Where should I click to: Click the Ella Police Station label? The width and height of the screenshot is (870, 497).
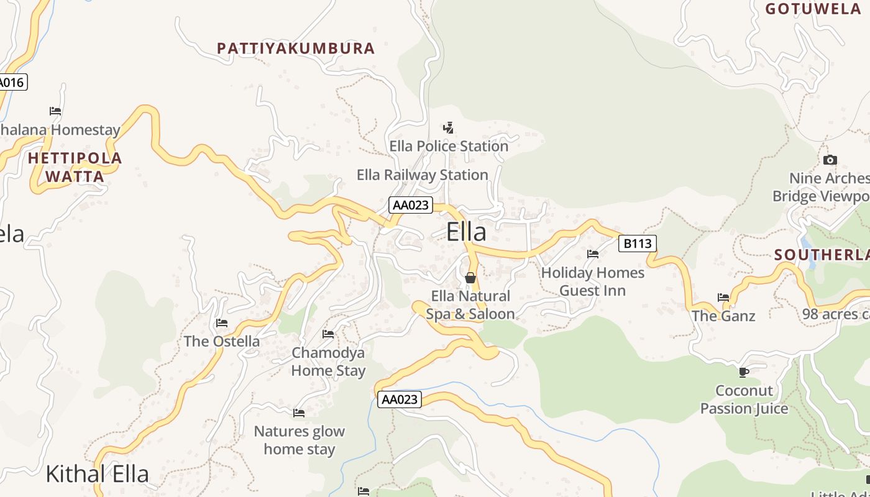[x=449, y=147]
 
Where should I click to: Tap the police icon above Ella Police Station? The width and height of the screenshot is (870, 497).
[x=448, y=128]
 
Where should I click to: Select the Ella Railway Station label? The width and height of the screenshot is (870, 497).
[x=423, y=175]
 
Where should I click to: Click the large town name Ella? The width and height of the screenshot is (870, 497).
[x=466, y=232]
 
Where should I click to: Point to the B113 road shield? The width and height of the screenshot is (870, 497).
[x=637, y=244]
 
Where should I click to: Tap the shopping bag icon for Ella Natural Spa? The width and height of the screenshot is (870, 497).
[x=470, y=278]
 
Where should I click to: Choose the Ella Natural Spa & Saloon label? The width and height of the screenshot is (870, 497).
[x=470, y=305]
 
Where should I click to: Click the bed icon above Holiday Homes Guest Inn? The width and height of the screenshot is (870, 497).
[x=593, y=254]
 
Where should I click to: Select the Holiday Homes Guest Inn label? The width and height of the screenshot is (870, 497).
[x=592, y=281]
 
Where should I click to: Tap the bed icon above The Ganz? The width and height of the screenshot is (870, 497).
[x=723, y=298]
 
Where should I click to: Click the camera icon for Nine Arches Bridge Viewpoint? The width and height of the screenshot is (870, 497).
[x=830, y=160]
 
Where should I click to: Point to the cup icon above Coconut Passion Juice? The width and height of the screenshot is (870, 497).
[x=743, y=372]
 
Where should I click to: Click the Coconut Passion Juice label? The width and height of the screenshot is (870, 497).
[x=744, y=399]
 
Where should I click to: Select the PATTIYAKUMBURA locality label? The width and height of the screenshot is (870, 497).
[x=296, y=48]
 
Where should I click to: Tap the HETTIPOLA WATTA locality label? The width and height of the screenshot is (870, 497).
[x=75, y=167]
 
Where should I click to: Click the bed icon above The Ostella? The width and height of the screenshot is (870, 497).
[x=222, y=323]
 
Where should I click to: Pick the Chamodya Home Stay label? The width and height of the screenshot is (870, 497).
[x=328, y=362]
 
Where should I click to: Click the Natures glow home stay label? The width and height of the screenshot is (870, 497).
[x=300, y=440]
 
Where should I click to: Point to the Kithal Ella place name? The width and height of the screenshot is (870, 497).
[x=98, y=474]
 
